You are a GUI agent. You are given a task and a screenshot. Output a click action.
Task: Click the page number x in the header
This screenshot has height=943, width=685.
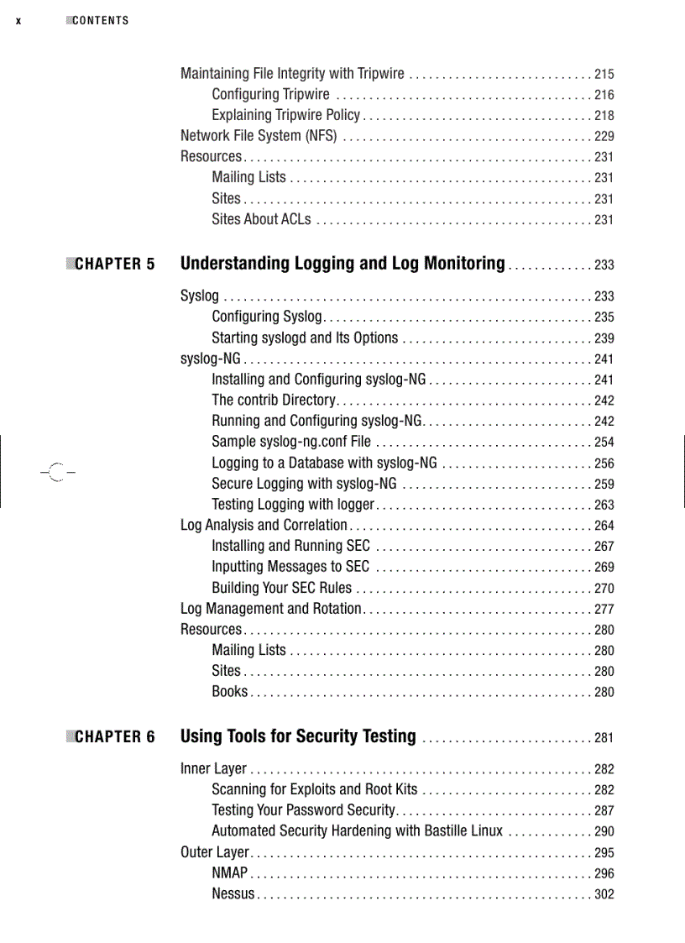click(18, 21)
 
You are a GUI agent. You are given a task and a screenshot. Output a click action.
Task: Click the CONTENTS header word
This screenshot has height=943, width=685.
click(100, 21)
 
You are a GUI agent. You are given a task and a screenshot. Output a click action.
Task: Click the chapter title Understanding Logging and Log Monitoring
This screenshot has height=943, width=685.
click(342, 264)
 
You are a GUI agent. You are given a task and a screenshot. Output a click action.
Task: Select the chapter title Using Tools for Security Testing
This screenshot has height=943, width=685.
click(298, 736)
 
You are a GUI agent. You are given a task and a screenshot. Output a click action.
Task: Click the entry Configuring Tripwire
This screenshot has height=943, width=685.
click(270, 94)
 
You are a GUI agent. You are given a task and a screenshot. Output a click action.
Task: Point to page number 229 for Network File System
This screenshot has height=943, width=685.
click(604, 137)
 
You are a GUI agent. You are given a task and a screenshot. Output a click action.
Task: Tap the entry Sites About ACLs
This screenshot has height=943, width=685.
click(261, 219)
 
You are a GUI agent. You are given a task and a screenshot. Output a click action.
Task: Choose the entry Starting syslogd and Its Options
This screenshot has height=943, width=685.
click(305, 338)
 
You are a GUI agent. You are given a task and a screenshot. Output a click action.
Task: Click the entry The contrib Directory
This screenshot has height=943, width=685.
click(274, 400)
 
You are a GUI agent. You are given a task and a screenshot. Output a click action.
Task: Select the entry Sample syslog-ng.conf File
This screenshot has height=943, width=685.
click(291, 442)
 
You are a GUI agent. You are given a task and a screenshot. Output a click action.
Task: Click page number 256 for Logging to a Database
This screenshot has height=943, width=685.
click(604, 464)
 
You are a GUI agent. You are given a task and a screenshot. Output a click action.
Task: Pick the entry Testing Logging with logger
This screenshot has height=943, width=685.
click(293, 504)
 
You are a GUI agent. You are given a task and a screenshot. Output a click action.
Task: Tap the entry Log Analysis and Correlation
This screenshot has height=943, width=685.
click(264, 525)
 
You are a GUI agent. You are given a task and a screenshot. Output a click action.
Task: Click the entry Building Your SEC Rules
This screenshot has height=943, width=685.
click(282, 588)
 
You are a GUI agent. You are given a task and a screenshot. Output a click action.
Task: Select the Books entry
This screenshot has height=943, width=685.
click(230, 691)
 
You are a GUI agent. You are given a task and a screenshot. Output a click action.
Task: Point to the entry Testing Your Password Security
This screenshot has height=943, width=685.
click(303, 810)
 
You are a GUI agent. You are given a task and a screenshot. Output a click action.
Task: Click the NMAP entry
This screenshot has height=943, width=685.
click(229, 873)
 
